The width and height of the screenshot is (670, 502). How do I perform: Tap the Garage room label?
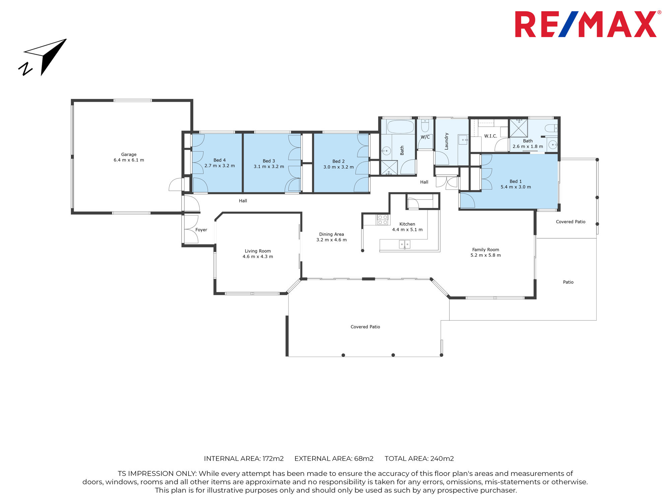[129, 155]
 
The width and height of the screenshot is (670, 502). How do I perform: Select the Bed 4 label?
[219, 160]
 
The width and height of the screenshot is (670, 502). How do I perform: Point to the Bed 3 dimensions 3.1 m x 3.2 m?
[269, 167]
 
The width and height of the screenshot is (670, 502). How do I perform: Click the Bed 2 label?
[338, 161]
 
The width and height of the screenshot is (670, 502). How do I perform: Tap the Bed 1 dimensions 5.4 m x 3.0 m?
[516, 187]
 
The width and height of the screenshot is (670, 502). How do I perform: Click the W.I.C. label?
[490, 136]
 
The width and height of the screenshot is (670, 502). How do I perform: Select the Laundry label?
[446, 141]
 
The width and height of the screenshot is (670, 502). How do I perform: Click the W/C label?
[425, 137]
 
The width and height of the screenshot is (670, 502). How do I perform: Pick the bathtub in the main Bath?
[401, 127]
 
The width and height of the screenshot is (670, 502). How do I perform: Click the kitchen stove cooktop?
[383, 220]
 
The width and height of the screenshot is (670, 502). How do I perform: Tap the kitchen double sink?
[405, 244]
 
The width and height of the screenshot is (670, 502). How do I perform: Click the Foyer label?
[201, 230]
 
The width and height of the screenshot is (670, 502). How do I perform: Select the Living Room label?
[258, 251]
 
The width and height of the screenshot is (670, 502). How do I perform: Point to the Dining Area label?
[331, 234]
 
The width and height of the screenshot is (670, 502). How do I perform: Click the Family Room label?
[485, 250]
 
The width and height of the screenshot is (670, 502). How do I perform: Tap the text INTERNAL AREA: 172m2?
[244, 458]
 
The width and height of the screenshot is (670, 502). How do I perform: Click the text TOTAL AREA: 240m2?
[419, 458]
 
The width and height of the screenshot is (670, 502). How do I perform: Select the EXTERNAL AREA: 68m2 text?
[334, 458]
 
